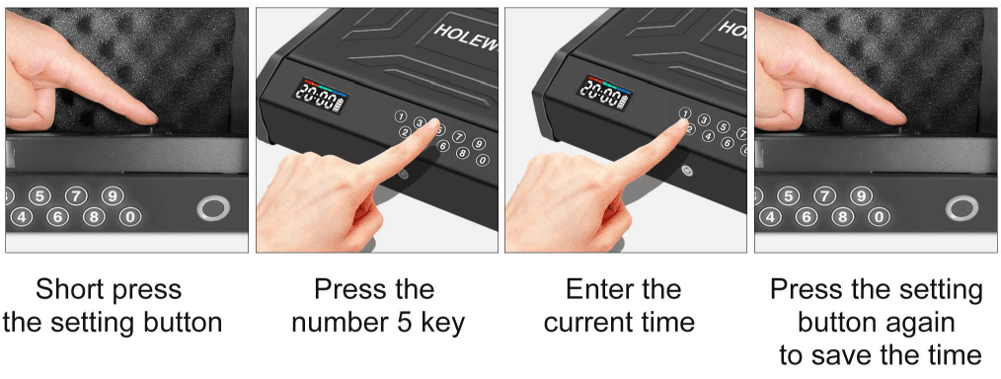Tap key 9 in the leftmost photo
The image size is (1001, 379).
[113, 195]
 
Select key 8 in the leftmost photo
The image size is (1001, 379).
[95, 216]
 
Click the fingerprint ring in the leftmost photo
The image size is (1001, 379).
[212, 208]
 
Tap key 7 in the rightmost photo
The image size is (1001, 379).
[824, 195]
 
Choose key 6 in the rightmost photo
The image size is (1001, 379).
[808, 216]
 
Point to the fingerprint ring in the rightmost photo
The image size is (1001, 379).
[961, 208]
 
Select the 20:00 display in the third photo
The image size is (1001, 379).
[601, 93]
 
